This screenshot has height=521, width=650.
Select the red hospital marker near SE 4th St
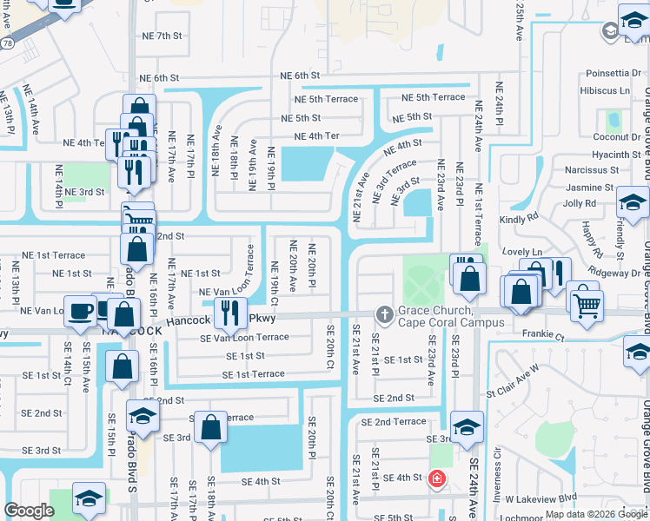point(436,478)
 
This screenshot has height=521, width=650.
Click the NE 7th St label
point(157,36)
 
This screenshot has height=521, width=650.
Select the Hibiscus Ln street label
point(607,90)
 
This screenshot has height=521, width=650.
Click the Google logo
point(30,511)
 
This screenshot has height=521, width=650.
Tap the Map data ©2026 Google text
point(595,514)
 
